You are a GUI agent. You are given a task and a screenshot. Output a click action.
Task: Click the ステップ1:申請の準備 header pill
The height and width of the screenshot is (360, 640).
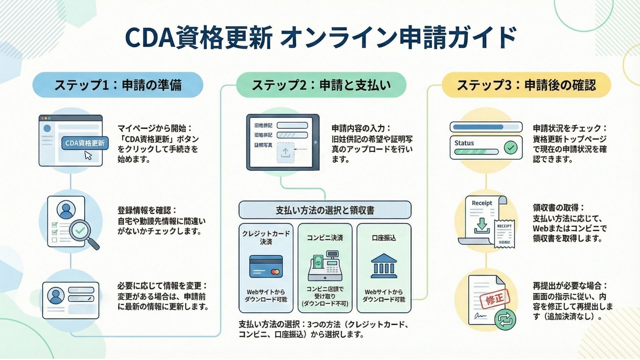coord(118,85)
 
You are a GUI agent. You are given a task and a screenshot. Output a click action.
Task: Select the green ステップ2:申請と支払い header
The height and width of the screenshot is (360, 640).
coord(321,85)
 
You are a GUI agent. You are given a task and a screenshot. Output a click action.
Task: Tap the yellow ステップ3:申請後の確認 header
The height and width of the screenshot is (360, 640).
coord(526,85)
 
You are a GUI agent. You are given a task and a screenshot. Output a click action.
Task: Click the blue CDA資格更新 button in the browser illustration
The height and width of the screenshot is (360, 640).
coord(85,143)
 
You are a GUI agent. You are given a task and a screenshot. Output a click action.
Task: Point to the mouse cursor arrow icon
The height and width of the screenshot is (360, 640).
coord(88,156)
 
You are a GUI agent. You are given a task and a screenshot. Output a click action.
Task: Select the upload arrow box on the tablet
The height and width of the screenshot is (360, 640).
coord(285,153)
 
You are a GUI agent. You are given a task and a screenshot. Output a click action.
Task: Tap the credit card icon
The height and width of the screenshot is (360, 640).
coord(266,267)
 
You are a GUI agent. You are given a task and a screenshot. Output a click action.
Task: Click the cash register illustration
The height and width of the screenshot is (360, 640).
coord(325,266)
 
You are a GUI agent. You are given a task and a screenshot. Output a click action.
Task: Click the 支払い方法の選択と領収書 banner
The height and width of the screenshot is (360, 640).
coord(325,210)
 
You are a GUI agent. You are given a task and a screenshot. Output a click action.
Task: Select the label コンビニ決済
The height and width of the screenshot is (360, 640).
coord(325,238)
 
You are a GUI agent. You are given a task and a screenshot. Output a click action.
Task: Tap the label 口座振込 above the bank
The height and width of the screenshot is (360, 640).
coord(384,238)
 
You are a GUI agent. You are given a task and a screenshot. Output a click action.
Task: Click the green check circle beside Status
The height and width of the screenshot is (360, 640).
coord(510,147)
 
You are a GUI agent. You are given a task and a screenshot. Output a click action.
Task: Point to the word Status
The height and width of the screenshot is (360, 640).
coord(464,143)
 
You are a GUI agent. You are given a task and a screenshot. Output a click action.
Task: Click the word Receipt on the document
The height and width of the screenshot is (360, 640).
coord(482,203)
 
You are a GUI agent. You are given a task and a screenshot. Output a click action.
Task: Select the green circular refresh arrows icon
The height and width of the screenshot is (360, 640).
coord(505,319)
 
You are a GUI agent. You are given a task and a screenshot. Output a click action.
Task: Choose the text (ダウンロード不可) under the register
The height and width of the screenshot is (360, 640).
coord(325,304)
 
